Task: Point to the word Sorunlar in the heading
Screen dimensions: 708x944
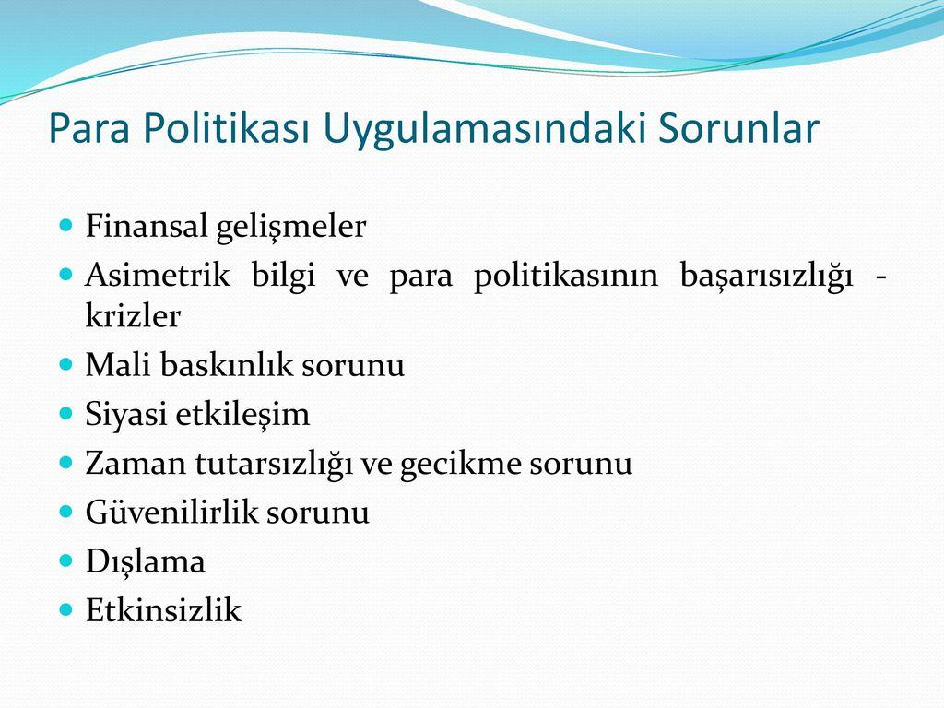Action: [737, 130]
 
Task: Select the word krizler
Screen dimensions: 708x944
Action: [133, 316]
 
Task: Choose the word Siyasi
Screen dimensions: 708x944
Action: [121, 415]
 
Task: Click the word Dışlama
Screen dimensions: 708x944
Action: [145, 561]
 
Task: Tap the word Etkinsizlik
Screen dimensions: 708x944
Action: [163, 610]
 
